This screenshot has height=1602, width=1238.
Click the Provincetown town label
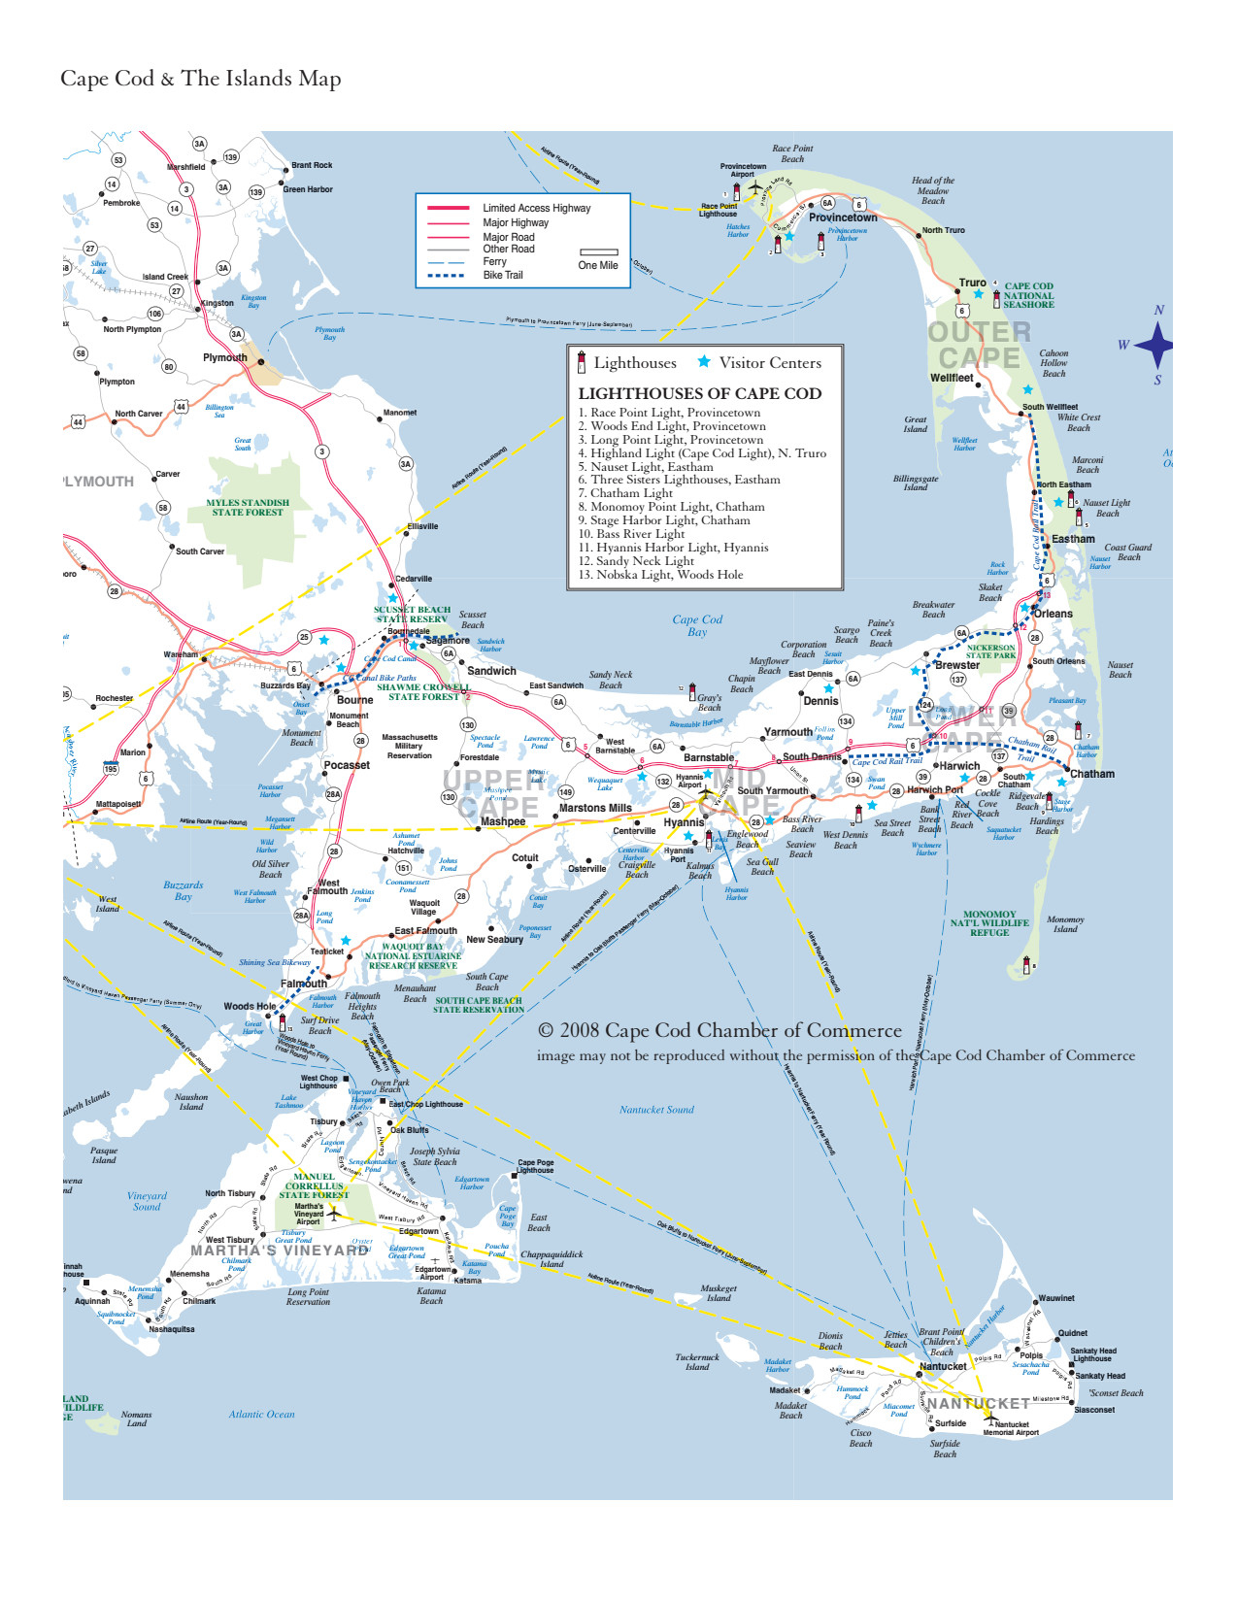click(843, 217)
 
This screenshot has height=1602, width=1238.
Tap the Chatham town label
click(1092, 774)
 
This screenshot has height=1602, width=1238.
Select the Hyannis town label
click(684, 822)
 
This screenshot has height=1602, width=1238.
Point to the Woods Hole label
click(250, 1006)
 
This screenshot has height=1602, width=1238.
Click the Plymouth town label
click(224, 357)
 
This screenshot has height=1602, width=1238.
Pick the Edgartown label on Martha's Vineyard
click(418, 1231)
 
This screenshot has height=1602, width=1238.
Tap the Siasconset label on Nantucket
click(1094, 1410)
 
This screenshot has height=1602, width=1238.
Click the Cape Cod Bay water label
click(697, 625)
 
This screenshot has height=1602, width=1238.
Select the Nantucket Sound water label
click(656, 1110)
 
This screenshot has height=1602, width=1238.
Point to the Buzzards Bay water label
click(183, 890)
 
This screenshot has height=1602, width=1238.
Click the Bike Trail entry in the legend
click(502, 275)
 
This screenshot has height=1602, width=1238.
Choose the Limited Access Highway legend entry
click(536, 208)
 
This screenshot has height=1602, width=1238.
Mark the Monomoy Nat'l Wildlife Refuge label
click(989, 923)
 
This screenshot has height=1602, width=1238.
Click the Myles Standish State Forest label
click(248, 508)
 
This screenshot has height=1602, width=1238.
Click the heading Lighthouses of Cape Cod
click(699, 393)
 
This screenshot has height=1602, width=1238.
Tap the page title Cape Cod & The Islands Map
click(200, 79)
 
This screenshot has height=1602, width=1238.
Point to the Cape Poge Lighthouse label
click(535, 1166)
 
